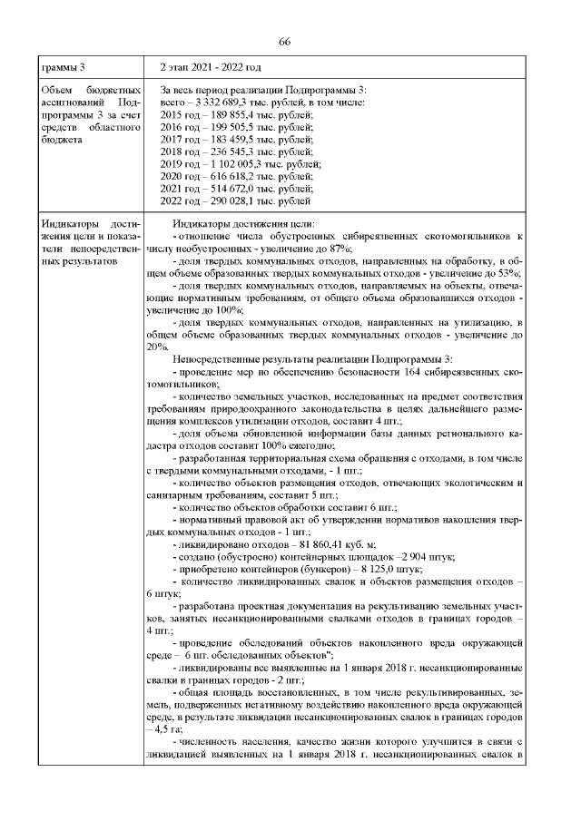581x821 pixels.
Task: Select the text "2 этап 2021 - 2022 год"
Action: point(211,68)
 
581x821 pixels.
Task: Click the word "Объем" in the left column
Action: point(56,93)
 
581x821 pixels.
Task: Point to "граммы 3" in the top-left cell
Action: point(64,68)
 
